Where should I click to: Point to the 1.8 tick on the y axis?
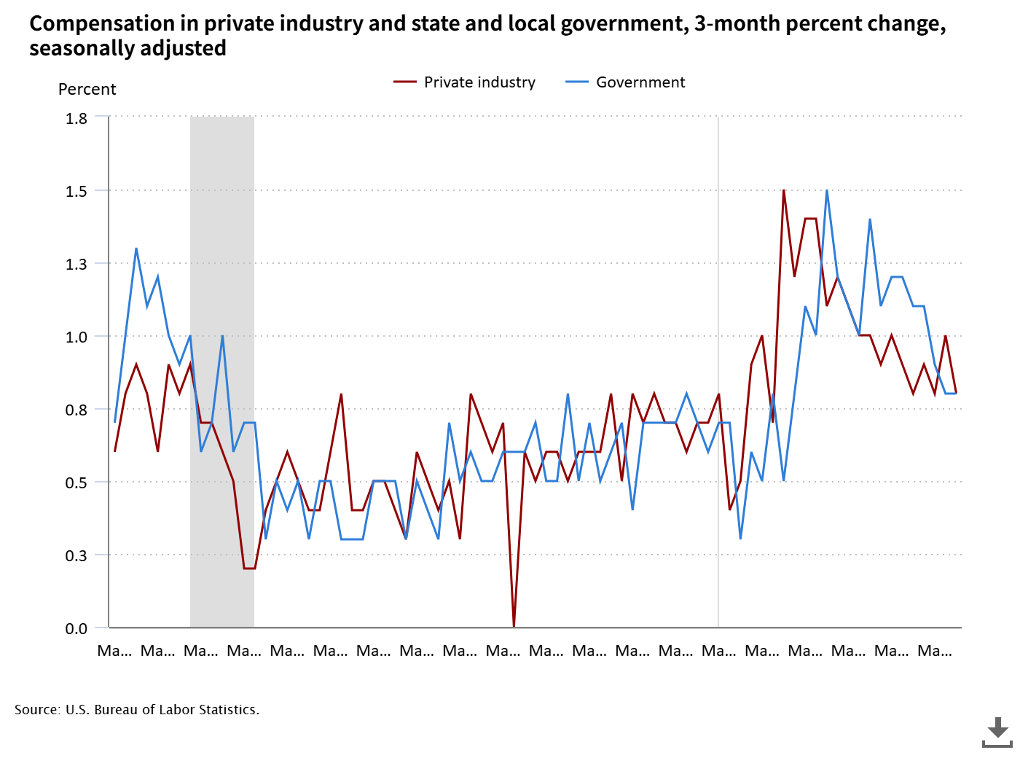(76, 118)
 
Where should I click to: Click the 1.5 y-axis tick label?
(76, 191)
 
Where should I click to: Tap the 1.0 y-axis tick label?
(76, 337)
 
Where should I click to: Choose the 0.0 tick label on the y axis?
(76, 628)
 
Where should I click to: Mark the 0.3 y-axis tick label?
(76, 555)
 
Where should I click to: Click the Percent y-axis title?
(87, 90)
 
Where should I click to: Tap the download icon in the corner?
(997, 731)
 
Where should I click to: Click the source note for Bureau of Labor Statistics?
(137, 709)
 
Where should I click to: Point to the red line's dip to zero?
(514, 625)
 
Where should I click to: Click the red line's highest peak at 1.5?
(783, 191)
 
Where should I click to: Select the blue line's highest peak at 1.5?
(827, 191)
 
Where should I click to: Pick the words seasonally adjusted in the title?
(127, 49)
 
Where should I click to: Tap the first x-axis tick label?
(114, 650)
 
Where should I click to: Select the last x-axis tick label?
(934, 650)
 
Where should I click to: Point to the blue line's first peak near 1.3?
(136, 249)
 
